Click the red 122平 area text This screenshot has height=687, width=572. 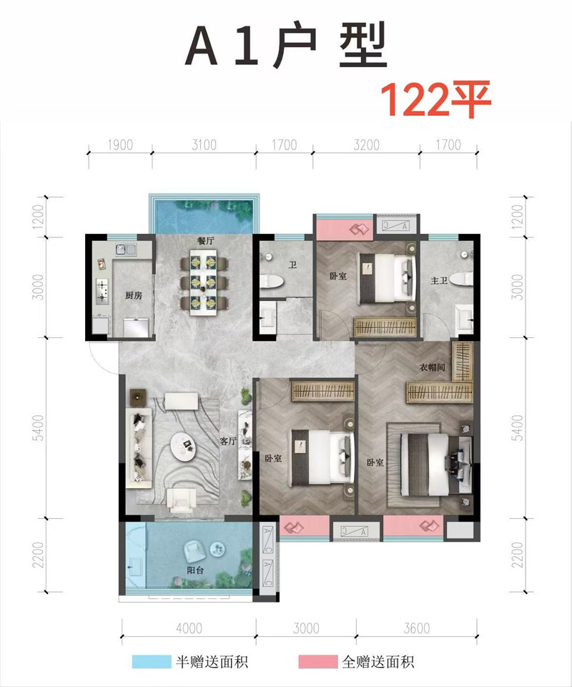[435, 99]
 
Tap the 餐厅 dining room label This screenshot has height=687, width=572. [205, 241]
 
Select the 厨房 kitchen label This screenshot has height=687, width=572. [133, 295]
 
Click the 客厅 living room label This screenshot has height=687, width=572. [228, 441]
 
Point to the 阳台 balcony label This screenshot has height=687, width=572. [194, 570]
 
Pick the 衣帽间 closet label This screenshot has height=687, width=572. [432, 367]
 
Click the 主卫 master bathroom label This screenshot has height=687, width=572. [439, 280]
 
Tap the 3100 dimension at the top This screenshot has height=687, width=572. [204, 144]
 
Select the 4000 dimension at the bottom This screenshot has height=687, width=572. [189, 628]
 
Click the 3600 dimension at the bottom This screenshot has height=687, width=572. [416, 628]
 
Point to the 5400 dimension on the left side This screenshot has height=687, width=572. [39, 428]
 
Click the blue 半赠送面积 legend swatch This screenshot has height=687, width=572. [152, 661]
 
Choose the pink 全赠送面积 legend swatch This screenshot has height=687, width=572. [317, 661]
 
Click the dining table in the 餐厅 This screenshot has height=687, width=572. [204, 282]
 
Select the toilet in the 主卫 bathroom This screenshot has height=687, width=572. [463, 279]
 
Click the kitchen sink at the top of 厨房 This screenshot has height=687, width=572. [126, 249]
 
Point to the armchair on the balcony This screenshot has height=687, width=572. [195, 550]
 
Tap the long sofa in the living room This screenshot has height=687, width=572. [138, 447]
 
